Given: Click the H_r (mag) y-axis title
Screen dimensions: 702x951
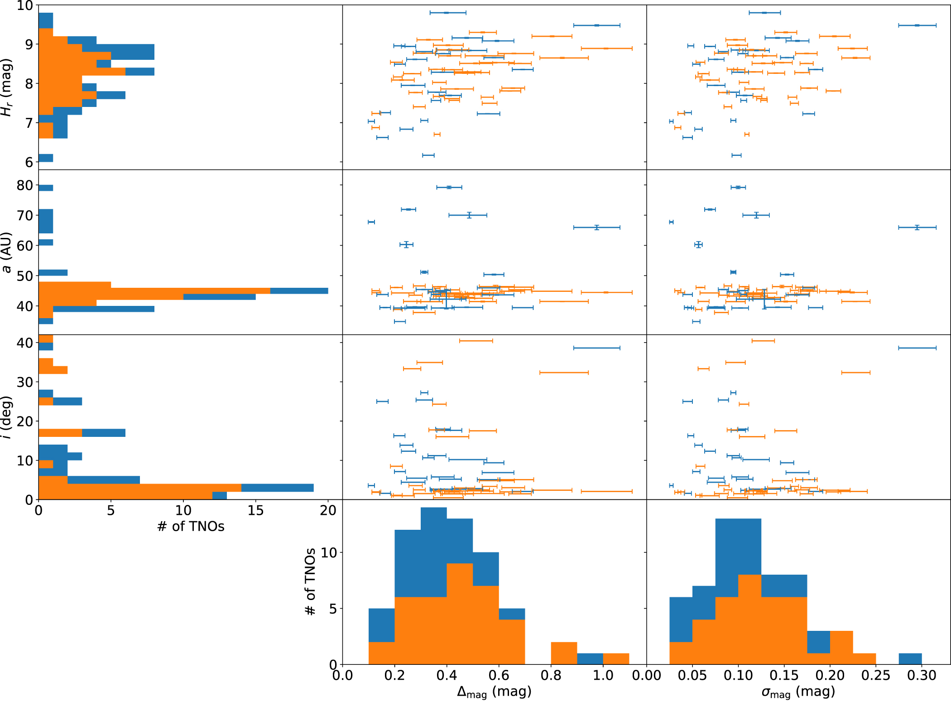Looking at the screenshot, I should [6, 87].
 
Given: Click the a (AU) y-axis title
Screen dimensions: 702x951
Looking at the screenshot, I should [6, 252].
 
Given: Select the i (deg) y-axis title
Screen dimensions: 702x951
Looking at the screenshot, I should [6, 417].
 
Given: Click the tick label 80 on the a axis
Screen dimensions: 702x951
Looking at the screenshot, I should [25, 185].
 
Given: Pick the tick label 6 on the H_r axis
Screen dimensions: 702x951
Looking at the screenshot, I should [29, 162].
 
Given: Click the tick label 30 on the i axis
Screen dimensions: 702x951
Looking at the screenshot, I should [25, 382].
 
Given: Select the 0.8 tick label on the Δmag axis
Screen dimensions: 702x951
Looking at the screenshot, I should [551, 676].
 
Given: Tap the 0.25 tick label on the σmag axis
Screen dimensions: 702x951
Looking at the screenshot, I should [876, 676].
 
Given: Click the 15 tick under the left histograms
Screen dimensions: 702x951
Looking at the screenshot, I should [255, 511].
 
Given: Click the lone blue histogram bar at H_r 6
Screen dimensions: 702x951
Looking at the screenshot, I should [46, 158].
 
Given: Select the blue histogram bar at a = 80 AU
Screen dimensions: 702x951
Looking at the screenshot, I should [46, 188].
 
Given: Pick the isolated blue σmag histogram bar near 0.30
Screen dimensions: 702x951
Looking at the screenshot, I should [910, 659].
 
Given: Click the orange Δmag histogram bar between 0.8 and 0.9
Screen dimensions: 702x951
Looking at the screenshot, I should [564, 654].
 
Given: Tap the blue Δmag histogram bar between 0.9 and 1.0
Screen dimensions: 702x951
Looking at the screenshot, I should [590, 659].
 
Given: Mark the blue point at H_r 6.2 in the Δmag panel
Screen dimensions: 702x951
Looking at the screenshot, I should [428, 155].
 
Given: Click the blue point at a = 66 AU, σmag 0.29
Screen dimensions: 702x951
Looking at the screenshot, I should [917, 228].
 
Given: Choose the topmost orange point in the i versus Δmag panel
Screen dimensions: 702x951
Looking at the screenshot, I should [476, 341].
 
